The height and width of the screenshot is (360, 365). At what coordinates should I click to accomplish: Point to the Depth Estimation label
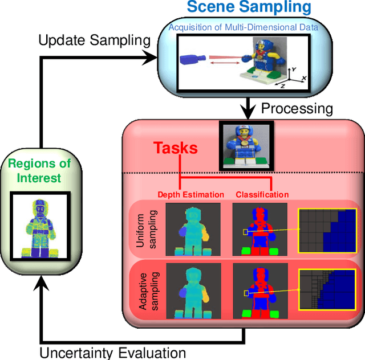pos(190,194)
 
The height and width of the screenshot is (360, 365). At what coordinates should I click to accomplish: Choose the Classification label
pos(262,194)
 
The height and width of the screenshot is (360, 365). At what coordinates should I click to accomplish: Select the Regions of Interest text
pos(39,171)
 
